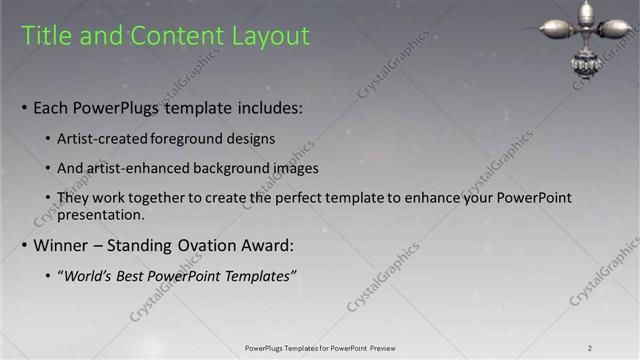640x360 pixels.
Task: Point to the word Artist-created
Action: coord(100,138)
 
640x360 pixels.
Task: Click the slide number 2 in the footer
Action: coord(590,348)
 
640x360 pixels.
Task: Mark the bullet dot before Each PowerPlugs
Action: coord(24,108)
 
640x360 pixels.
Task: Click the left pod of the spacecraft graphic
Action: coord(556,29)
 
